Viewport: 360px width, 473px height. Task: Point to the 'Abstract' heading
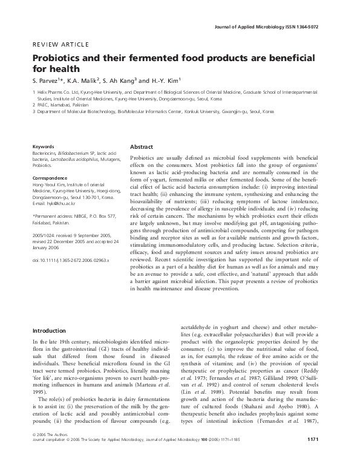click(142, 146)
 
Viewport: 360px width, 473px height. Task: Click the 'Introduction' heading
click(50, 331)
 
